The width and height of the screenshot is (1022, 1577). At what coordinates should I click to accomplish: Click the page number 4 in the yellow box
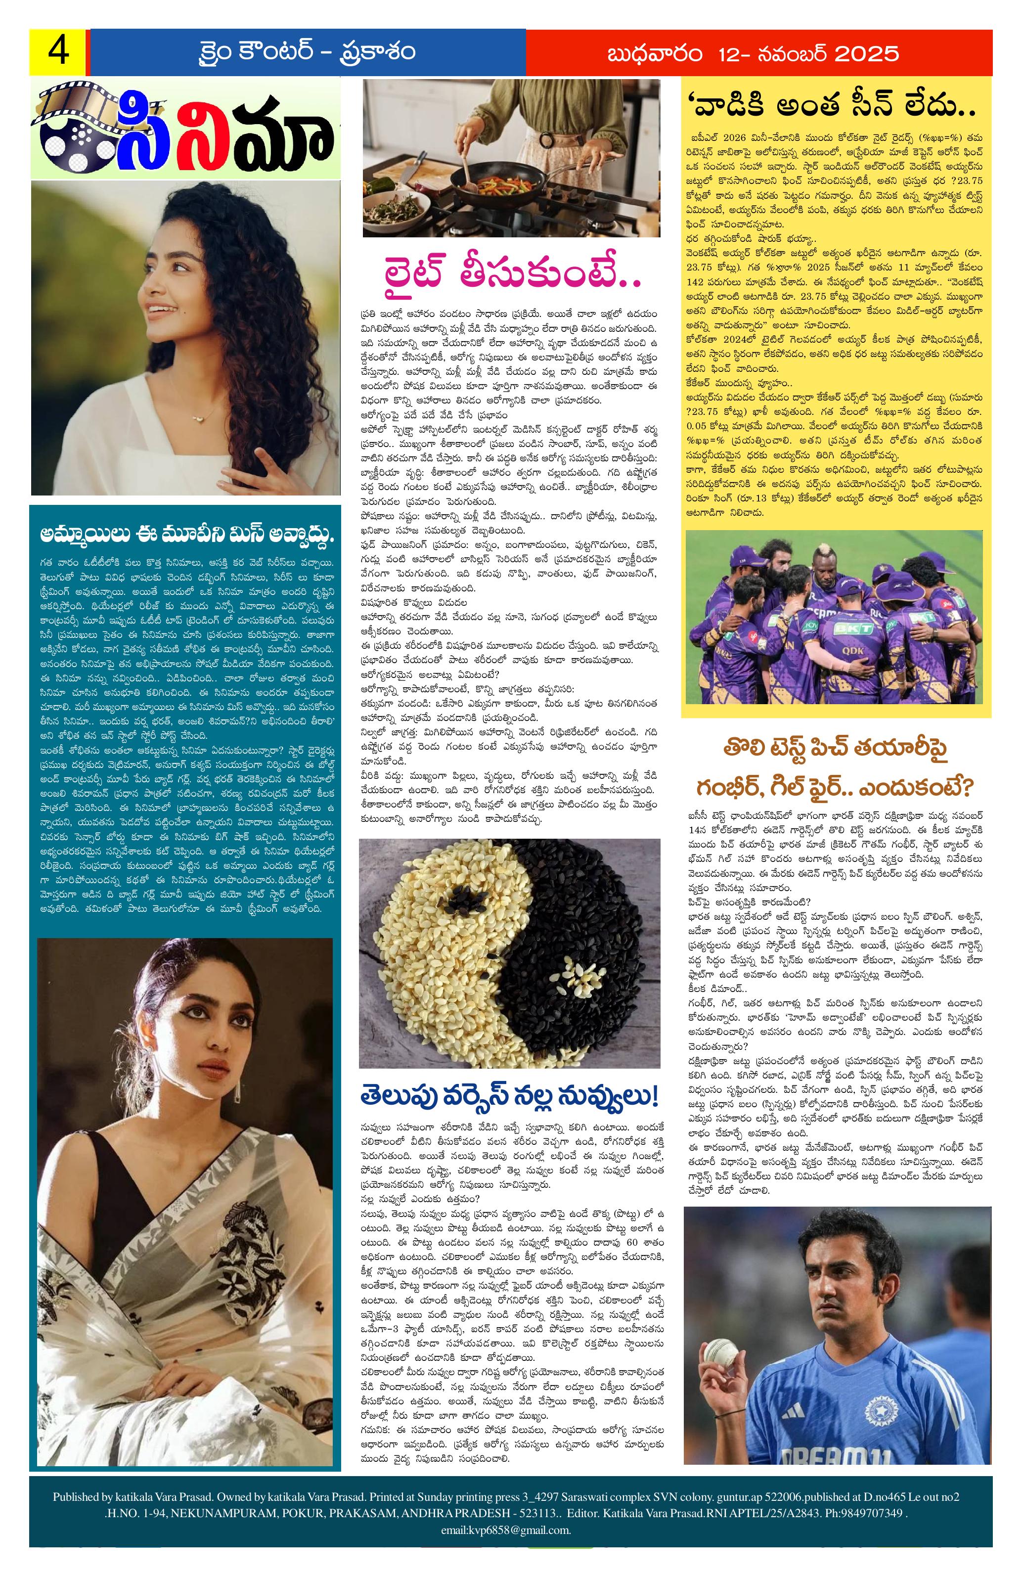click(58, 52)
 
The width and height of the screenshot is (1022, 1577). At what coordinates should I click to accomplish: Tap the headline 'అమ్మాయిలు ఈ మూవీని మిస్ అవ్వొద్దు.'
click(185, 536)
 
